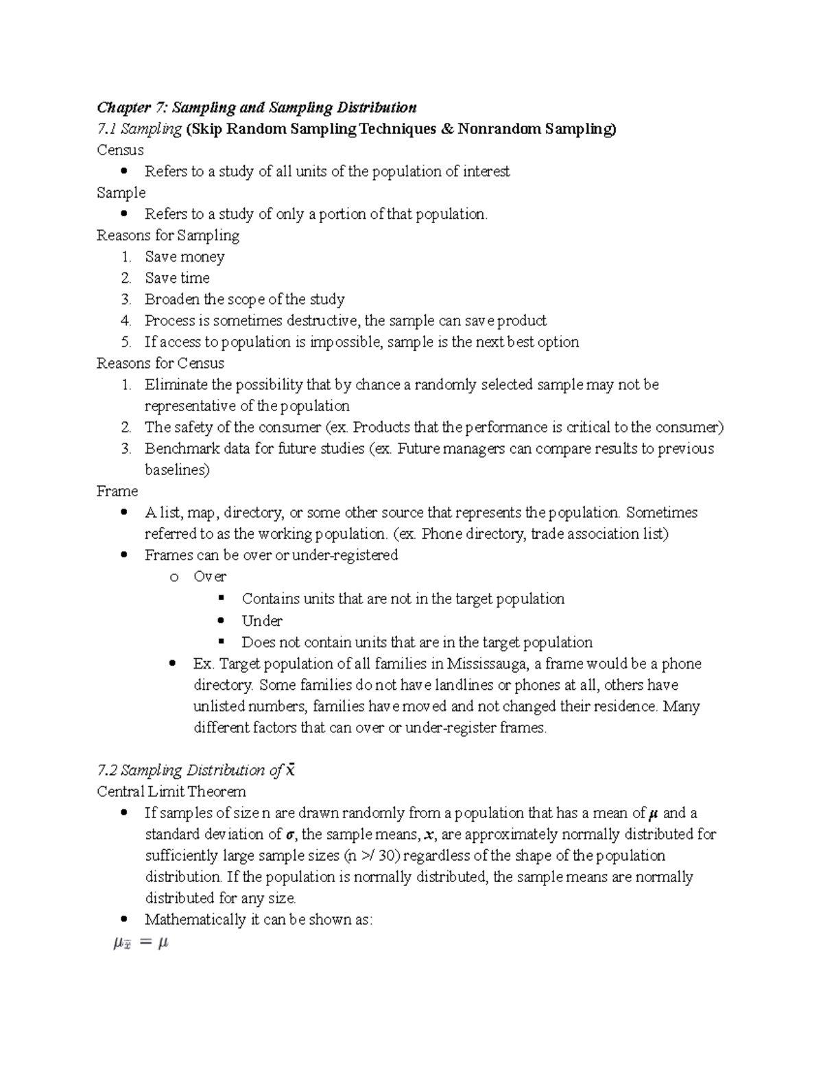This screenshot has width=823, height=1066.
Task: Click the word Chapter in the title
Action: (123, 108)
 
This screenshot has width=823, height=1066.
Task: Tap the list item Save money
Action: (184, 257)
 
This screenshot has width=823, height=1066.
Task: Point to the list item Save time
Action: (177, 278)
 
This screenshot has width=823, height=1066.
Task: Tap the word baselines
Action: (177, 470)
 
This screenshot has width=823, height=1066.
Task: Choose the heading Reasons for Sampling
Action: (168, 235)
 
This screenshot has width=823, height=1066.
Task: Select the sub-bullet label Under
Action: (261, 621)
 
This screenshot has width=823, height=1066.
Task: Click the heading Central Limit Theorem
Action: (171, 791)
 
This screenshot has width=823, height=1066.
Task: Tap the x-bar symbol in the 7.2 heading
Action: (290, 770)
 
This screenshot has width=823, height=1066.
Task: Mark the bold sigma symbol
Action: (289, 835)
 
